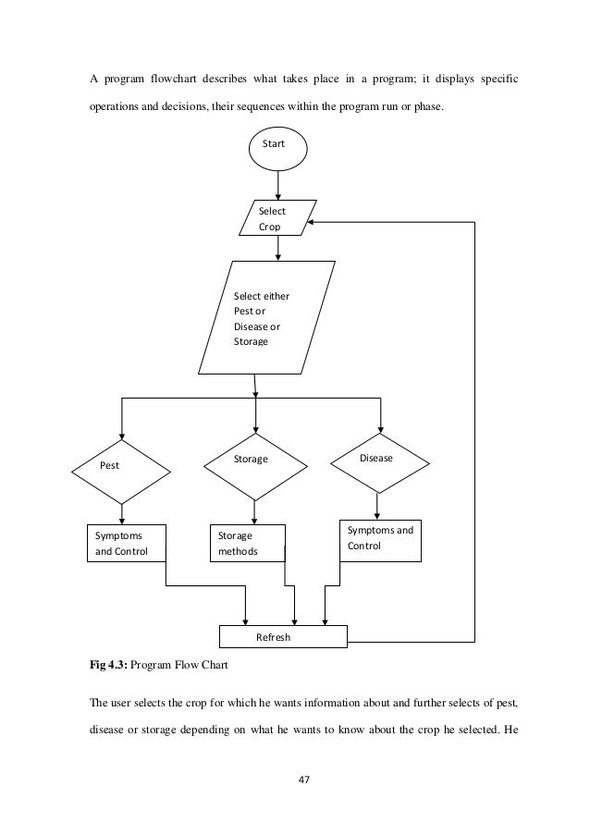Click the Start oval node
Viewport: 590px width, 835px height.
277,145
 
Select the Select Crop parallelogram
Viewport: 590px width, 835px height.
277,219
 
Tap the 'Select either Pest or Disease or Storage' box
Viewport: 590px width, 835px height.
266,317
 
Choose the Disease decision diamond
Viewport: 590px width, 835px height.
378,460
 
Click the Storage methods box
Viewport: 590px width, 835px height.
245,544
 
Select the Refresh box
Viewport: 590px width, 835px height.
282,637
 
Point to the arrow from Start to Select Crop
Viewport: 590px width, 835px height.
277,184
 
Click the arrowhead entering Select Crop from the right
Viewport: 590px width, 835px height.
314,222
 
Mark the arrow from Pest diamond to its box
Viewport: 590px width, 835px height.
121,512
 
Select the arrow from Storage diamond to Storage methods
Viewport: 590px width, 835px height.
254,510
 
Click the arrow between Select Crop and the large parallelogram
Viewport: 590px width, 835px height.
277,248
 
